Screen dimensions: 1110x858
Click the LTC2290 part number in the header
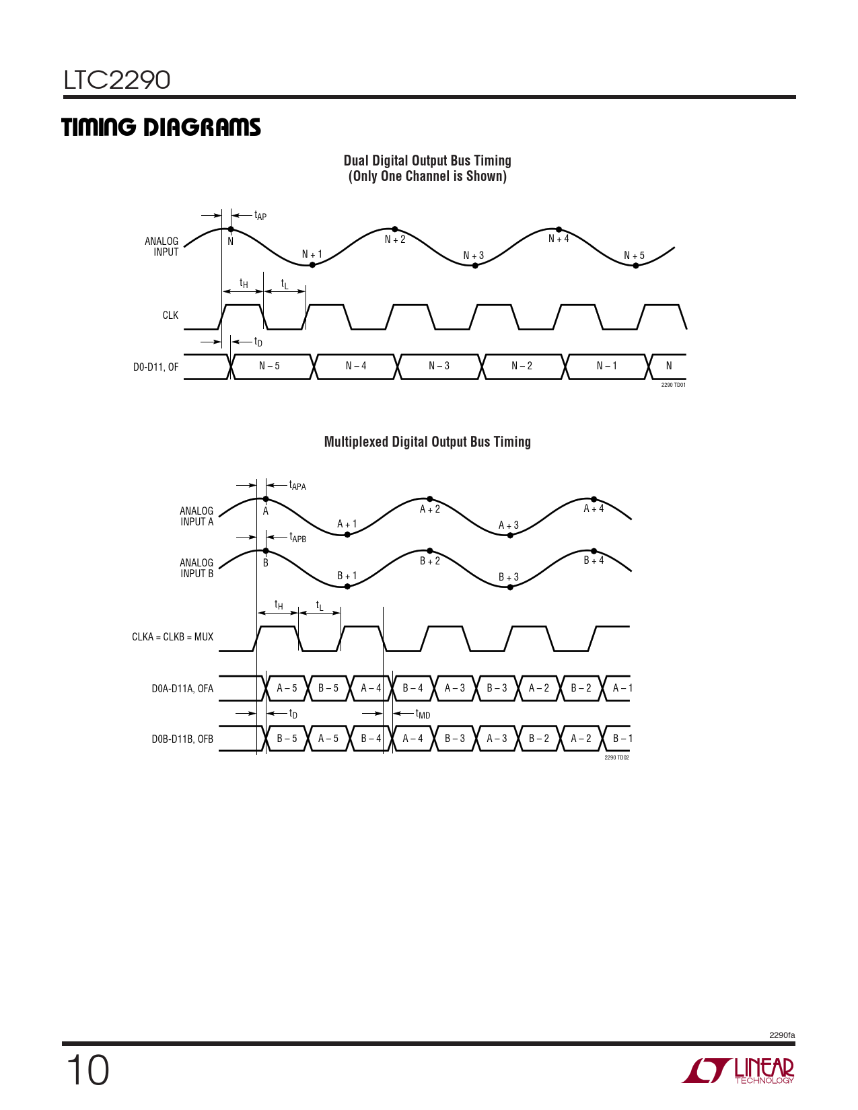[x=117, y=80]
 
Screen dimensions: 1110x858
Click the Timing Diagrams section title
[x=161, y=127]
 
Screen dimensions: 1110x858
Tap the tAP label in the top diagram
[x=260, y=216]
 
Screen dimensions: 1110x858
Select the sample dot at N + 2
[x=395, y=229]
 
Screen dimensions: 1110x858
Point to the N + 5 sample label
[x=634, y=256]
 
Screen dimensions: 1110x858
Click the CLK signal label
[x=170, y=316]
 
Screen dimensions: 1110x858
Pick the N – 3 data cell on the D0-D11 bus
[x=439, y=366]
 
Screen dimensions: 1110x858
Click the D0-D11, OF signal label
[x=155, y=367]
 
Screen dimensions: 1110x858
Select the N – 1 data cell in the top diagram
[x=606, y=366]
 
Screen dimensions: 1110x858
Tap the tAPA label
[x=297, y=485]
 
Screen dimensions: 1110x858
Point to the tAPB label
[x=297, y=538]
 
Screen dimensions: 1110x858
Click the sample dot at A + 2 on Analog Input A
[x=430, y=499]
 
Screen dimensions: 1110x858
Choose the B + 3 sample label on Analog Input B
[x=509, y=577]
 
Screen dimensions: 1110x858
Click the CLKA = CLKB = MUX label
[x=172, y=637]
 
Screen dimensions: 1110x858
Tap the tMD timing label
[x=423, y=714]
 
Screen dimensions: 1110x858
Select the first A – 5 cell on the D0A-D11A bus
[x=287, y=688]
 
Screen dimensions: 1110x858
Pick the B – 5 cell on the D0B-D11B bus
[x=287, y=739]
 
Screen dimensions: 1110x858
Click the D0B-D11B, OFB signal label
[x=182, y=739]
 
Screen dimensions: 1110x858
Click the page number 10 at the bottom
[x=87, y=1070]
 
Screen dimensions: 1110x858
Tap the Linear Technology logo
[x=738, y=1070]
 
